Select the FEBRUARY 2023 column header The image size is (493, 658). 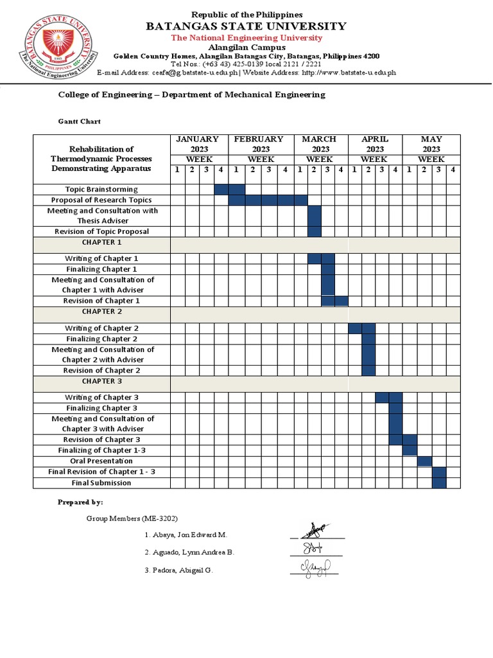coord(259,144)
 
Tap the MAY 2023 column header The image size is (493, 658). coord(431,144)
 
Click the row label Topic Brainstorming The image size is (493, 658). coord(101,189)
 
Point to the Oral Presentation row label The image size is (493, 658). coord(101,461)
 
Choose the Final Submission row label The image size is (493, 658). coord(101,483)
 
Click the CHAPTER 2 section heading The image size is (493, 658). coord(101,312)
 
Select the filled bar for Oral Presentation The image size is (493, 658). coord(424,461)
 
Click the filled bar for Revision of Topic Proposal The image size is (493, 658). coord(314,231)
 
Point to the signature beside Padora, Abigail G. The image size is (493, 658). coord(315,567)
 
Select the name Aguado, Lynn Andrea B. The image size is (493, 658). coord(189,553)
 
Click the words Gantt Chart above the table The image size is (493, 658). coord(80,121)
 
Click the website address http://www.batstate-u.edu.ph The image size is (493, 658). coord(349,73)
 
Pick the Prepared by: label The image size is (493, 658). coord(80,502)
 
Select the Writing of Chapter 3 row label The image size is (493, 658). coord(101,397)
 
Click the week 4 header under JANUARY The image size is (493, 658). coord(221,170)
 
